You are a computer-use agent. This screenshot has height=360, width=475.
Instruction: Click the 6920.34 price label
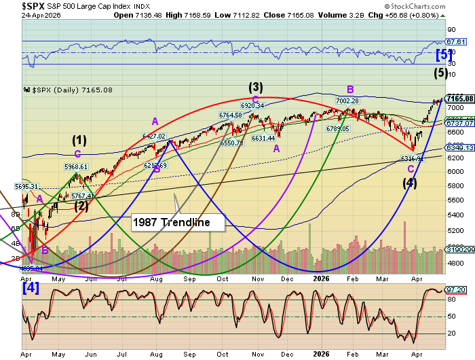[252, 105]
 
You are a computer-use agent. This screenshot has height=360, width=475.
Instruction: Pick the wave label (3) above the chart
[255, 86]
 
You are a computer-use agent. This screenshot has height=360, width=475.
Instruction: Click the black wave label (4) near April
[409, 182]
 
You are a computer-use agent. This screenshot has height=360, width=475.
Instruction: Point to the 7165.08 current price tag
[459, 98]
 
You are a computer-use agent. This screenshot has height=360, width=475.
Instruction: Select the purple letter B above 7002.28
[351, 89]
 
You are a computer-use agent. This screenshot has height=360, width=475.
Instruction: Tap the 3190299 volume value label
[459, 251]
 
